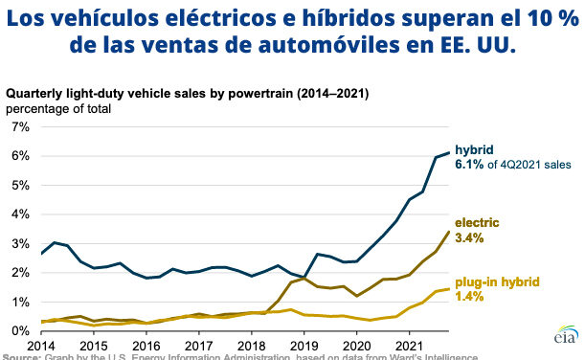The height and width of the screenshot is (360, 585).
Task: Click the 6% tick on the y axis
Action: coord(18,155)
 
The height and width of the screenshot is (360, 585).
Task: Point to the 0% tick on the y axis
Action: coord(18,331)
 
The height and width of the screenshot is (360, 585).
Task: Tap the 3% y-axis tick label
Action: coord(18,243)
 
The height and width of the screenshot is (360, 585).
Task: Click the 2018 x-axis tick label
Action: coord(252,345)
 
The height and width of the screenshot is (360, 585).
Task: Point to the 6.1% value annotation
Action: coord(471,164)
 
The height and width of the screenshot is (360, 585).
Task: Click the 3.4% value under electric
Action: coord(470,237)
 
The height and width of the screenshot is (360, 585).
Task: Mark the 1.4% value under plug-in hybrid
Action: coord(470,299)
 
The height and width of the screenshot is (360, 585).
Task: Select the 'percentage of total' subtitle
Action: coord(59,108)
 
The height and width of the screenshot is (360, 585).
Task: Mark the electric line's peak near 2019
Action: coord(303,278)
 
